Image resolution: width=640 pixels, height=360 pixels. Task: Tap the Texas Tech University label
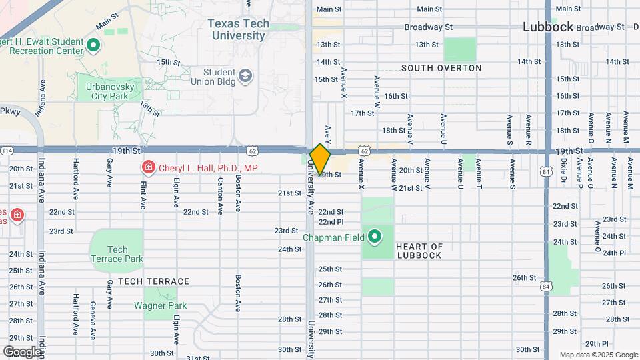pyautogui.click(x=238, y=29)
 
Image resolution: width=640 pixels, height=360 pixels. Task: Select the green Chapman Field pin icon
pyautogui.click(x=375, y=237)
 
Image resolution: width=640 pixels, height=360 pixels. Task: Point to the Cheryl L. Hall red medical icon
pyautogui.click(x=148, y=168)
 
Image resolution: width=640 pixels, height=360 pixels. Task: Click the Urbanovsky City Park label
pyautogui.click(x=105, y=91)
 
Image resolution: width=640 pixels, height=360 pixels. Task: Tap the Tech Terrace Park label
pyautogui.click(x=117, y=254)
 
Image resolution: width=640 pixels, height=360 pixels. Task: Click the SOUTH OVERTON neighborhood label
pyautogui.click(x=441, y=68)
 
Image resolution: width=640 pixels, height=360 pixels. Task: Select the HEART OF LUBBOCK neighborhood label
pyautogui.click(x=419, y=251)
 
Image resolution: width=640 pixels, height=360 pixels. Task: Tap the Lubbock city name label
pyautogui.click(x=548, y=27)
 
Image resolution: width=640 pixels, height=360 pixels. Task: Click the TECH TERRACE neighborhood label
pyautogui.click(x=153, y=281)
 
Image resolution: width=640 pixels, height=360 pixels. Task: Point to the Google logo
pyautogui.click(x=21, y=351)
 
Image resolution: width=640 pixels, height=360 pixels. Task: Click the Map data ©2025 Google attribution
pyautogui.click(x=599, y=355)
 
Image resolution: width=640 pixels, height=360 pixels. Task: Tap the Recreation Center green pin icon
pyautogui.click(x=93, y=46)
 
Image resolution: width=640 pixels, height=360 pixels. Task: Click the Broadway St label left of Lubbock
pyautogui.click(x=428, y=27)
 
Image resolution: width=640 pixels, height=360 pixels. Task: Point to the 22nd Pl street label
pyautogui.click(x=331, y=221)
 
